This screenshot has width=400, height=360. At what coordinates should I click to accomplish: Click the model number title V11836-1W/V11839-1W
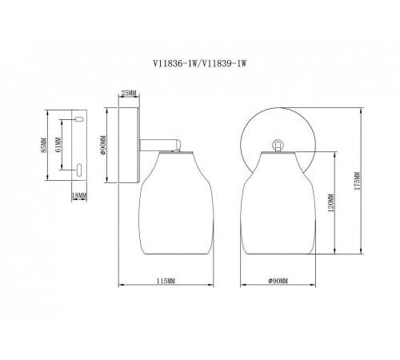click(x=199, y=63)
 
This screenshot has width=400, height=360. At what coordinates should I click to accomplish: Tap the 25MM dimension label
click(x=129, y=93)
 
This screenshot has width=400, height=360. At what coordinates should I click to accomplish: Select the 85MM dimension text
click(x=44, y=146)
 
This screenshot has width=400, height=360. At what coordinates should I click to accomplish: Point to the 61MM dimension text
click(x=58, y=144)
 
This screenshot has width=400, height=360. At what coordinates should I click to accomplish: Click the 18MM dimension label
click(x=79, y=196)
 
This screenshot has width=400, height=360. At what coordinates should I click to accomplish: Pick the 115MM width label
click(x=166, y=281)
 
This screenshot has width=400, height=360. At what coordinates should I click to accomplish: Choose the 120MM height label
click(x=331, y=202)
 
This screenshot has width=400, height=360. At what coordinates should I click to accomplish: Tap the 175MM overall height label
click(x=358, y=181)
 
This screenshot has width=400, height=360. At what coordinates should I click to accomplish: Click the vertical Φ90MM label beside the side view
click(x=103, y=146)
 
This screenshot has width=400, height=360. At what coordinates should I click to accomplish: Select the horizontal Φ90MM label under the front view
click(x=278, y=281)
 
